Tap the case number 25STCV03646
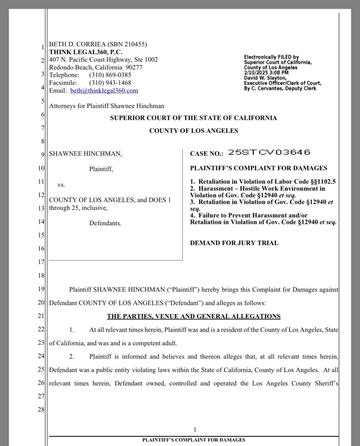coord(269,152)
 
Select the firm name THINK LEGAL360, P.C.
coord(86,52)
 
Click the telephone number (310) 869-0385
coord(110,75)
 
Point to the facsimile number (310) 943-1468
coord(110,83)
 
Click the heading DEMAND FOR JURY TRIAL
coord(234,243)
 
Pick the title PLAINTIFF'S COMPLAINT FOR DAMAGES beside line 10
coord(259,168)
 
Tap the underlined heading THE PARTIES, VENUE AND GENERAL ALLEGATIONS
coord(194,316)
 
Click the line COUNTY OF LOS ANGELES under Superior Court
coord(194,131)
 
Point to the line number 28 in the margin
coord(41,410)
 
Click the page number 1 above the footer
coord(195,429)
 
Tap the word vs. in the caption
coord(61,185)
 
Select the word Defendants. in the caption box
coord(105,223)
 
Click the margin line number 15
coord(41,236)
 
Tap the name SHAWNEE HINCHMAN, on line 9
coord(86,154)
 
